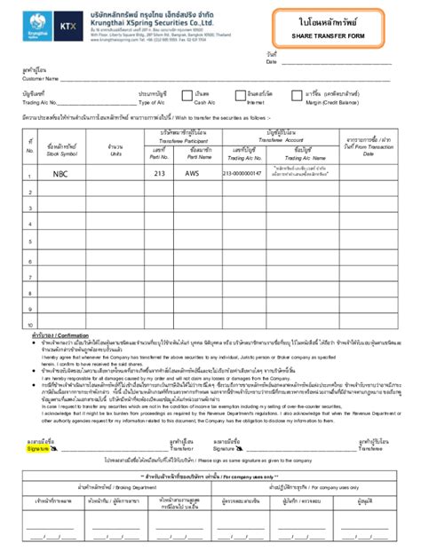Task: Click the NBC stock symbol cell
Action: (60, 175)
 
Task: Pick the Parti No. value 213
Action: (160, 175)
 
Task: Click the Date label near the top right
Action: (272, 62)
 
